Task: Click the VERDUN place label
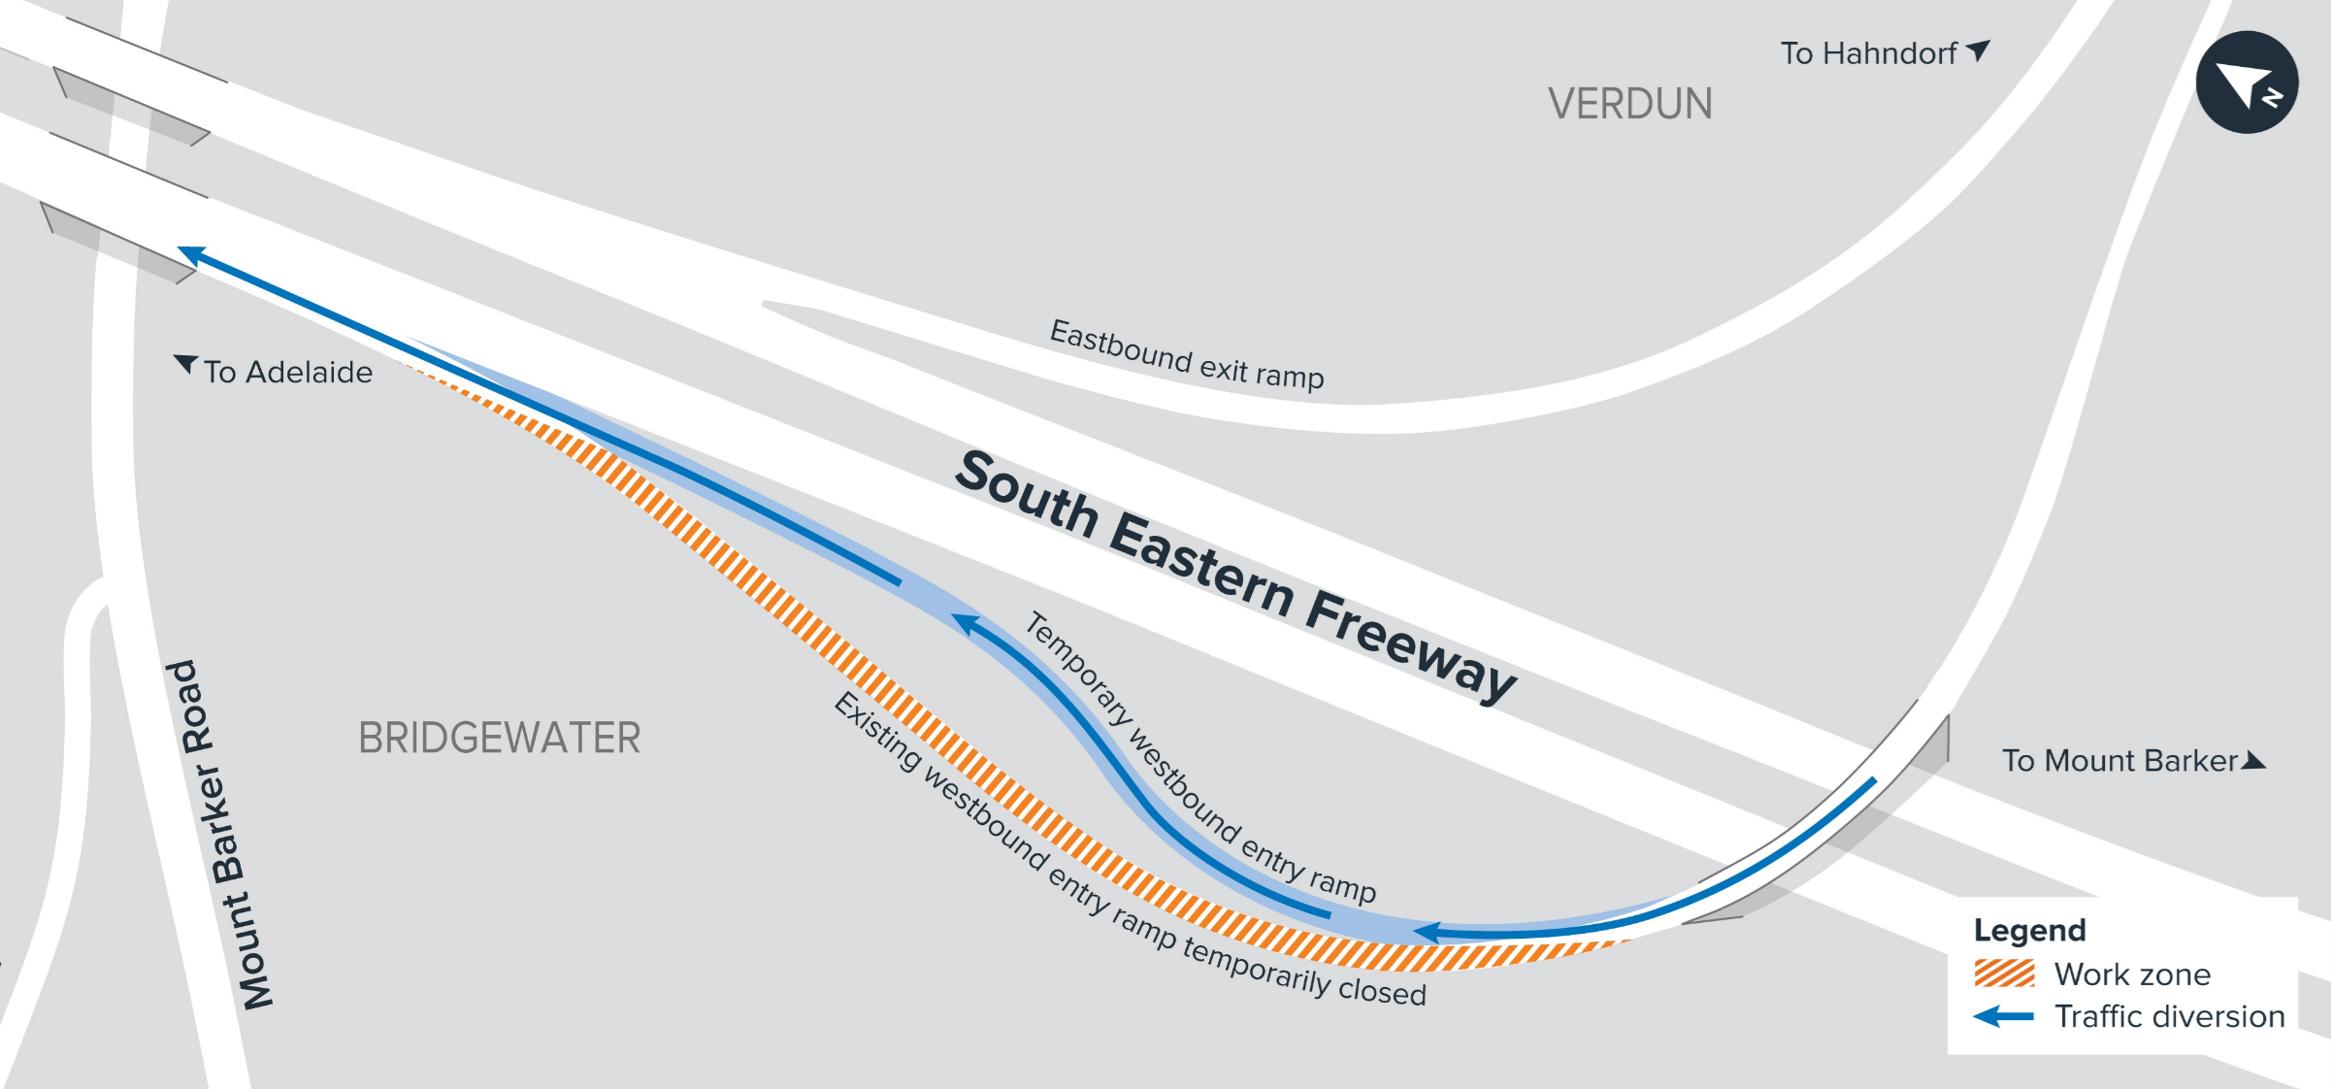(1629, 104)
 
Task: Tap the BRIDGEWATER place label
(499, 738)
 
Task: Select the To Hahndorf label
(1868, 53)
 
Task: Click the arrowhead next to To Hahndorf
(1978, 49)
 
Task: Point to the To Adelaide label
(287, 372)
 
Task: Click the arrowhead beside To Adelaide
(185, 365)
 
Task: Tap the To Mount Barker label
(2119, 760)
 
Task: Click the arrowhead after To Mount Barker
(2254, 761)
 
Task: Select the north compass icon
(2247, 82)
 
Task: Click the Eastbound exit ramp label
(1187, 354)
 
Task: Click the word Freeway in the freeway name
(1411, 643)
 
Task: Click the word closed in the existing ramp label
(1382, 990)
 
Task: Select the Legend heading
(2029, 930)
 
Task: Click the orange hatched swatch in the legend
(2004, 973)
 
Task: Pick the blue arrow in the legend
(2003, 1016)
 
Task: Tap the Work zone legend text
(2132, 973)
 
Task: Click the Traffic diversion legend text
(2169, 1016)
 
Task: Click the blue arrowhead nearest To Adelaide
(191, 255)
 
